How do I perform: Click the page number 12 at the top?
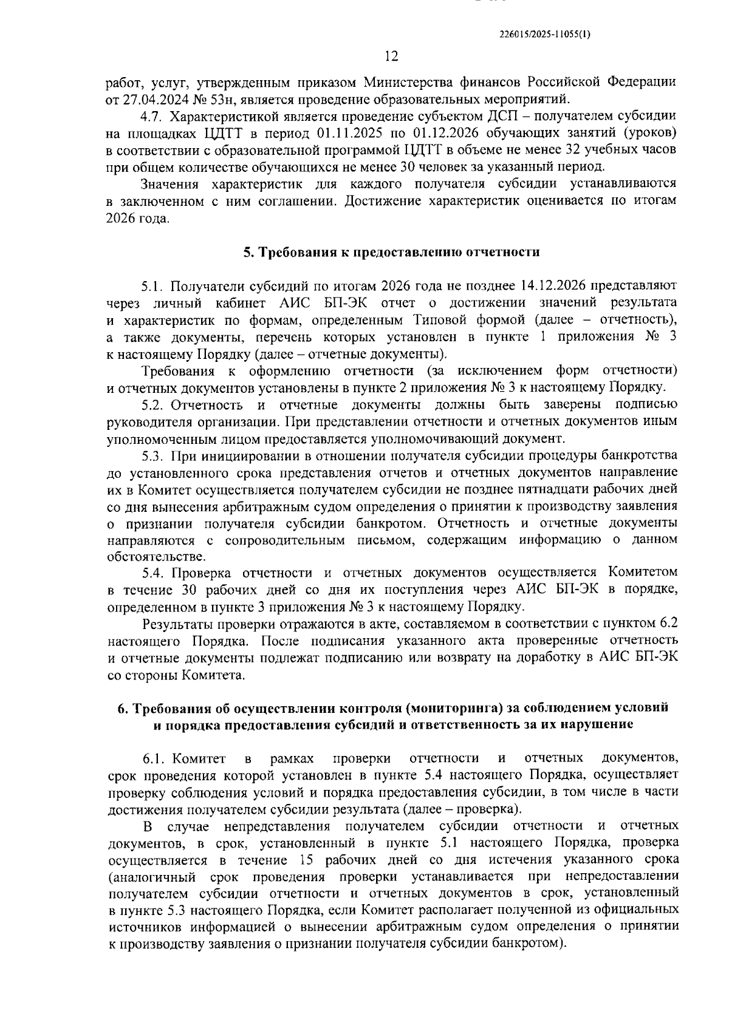click(391, 56)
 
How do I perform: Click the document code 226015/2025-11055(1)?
click(544, 35)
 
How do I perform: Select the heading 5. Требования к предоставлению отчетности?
click(391, 252)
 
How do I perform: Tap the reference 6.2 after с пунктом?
click(668, 624)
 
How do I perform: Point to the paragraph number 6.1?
click(155, 758)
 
